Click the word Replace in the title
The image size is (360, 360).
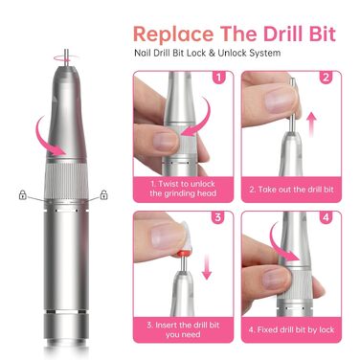pos(173,34)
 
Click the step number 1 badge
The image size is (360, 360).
pos(218,78)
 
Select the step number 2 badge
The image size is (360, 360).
pos(326,78)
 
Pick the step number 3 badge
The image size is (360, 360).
pos(217,217)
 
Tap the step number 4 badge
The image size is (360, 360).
pos(326,217)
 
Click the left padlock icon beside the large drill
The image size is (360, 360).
pos(22,194)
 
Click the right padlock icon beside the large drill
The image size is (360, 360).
pos(103,194)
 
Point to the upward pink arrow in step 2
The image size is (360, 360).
pos(312,124)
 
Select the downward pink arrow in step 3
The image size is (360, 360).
pos(207,267)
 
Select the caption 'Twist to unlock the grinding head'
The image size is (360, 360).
pos(183,189)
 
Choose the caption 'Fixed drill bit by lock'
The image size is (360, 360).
pos(291,329)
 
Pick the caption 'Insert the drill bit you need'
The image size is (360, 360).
pos(183,329)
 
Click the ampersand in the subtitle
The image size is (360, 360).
pos(212,53)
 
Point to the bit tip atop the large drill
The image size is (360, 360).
pos(66,56)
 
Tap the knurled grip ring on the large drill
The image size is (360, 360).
pos(66,180)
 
